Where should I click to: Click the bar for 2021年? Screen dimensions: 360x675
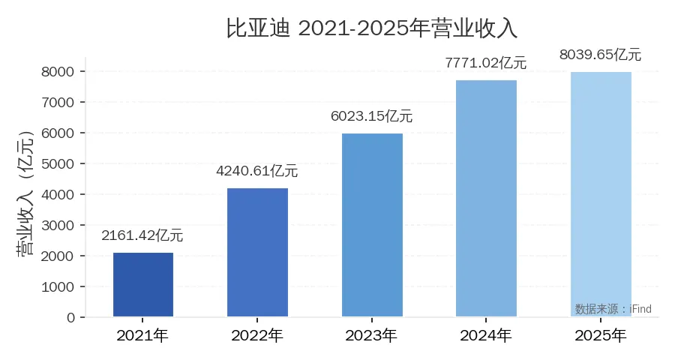point(143,285)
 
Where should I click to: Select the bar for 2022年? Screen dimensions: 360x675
point(257,252)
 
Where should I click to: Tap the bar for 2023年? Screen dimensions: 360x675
point(372,225)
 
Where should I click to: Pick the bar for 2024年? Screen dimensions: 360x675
point(486,198)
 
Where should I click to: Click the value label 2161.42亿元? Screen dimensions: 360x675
point(142,235)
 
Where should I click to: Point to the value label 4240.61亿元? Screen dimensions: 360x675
point(257,171)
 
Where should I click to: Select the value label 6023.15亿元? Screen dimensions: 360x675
point(372,116)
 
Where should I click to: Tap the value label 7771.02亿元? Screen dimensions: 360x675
point(486,63)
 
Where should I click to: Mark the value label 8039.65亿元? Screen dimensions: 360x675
point(601,54)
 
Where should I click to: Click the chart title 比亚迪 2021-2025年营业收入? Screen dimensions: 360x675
point(372,28)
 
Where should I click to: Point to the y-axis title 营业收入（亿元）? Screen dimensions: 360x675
point(25,194)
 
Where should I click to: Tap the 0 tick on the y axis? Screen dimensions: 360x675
point(71,317)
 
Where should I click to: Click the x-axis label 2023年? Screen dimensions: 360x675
point(372,335)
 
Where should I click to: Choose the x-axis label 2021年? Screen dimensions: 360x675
point(142,335)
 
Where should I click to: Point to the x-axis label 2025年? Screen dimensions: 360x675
point(601,335)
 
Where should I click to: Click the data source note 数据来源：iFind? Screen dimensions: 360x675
point(613,309)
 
